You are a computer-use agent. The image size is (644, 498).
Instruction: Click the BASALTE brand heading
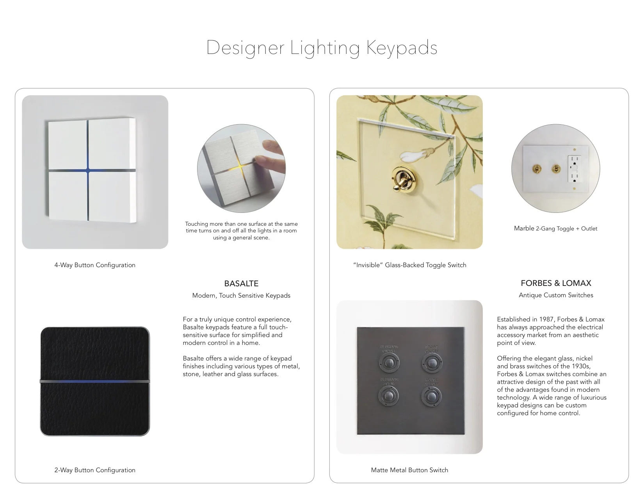coord(241,284)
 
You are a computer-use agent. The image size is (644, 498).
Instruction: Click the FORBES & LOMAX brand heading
coord(556,283)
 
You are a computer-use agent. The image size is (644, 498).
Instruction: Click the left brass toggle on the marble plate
coord(537,169)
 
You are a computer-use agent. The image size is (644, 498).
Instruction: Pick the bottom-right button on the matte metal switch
coord(431,397)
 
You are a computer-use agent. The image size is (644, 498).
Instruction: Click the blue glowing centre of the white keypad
coord(88,170)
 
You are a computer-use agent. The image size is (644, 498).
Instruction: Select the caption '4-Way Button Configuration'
coord(95,265)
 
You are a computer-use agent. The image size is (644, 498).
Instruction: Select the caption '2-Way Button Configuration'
coord(95,470)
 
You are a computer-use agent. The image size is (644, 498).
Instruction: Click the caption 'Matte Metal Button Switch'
coord(409,470)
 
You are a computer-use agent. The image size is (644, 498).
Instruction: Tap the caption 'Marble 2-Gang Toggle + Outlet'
coord(555,228)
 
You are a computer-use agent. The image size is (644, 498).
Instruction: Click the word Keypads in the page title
coord(402,48)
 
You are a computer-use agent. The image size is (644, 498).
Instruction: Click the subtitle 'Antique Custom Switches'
coord(556,295)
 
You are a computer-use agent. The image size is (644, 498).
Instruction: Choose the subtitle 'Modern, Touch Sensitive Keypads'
coord(241,296)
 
